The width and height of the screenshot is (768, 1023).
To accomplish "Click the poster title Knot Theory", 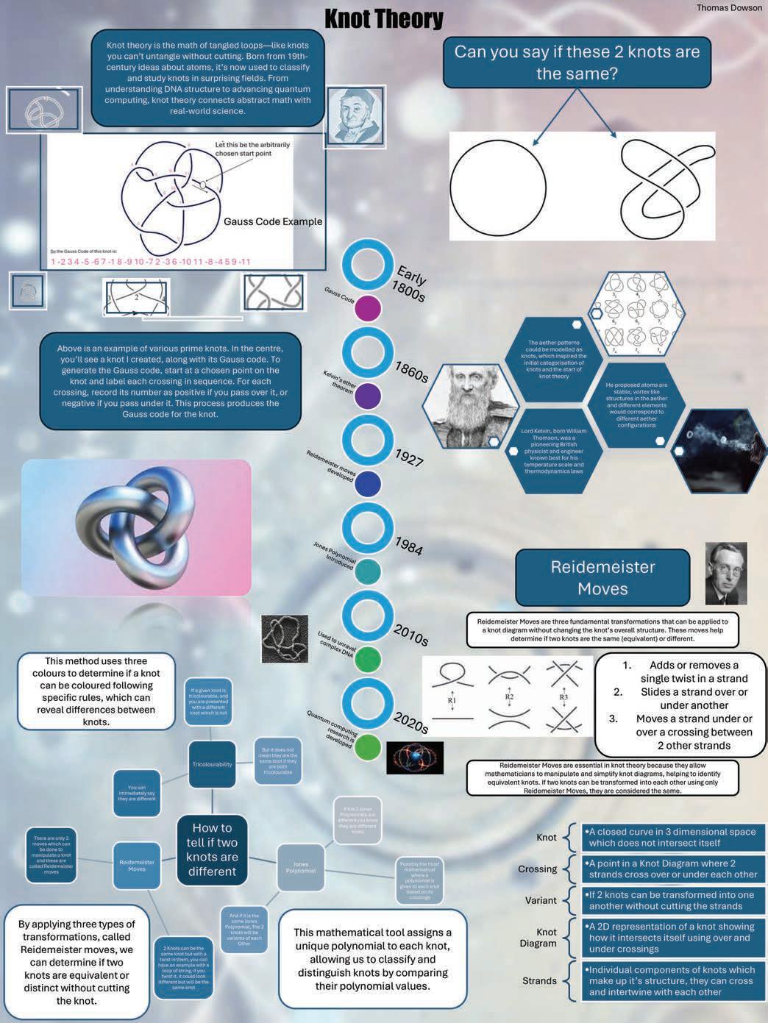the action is tap(384, 18).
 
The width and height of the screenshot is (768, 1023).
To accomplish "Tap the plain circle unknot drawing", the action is tap(498, 185).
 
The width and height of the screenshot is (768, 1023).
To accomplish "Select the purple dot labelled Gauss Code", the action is tap(368, 309).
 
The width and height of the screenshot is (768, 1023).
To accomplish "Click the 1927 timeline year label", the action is tap(409, 457).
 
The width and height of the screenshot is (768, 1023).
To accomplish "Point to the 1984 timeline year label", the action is tap(408, 545).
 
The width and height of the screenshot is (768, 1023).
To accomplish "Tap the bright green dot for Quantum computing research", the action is tap(368, 747).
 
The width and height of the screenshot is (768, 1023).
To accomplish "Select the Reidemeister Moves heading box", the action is tap(602, 577).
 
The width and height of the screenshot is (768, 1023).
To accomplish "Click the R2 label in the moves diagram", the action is tap(509, 696).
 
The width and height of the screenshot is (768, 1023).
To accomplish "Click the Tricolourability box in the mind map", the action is tap(212, 764).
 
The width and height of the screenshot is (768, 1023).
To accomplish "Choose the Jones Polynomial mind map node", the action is tap(300, 867).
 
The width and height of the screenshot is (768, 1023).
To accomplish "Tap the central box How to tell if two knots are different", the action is tap(212, 849).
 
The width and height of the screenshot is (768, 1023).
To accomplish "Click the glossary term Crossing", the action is tap(537, 869).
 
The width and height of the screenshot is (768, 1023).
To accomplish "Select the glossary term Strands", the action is tap(539, 980).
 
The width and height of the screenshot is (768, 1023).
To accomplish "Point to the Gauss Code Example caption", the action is tap(273, 221).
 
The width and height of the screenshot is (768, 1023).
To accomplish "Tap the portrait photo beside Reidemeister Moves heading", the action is tap(725, 574).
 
